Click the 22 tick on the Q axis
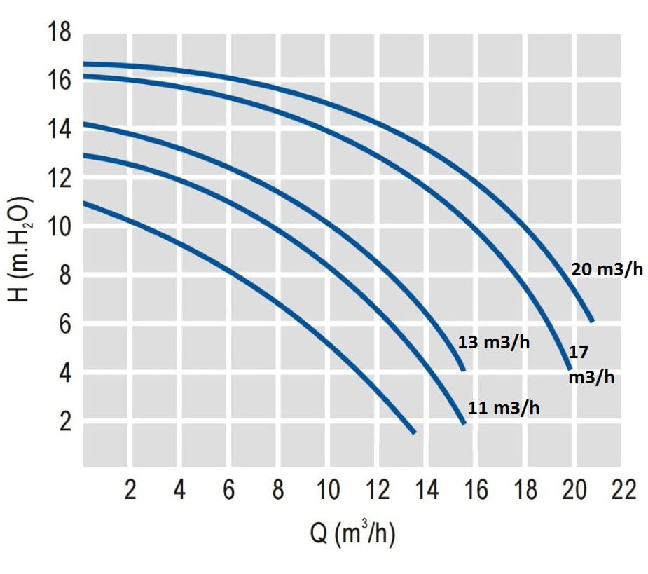623,490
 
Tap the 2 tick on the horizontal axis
130,490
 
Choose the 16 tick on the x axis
476,490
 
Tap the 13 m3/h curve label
494,343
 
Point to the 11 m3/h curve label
504,408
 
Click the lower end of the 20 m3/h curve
593,321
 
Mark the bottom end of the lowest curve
414,432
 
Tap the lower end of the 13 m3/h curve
462,369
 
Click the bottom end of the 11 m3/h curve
463,423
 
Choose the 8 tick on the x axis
279,490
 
